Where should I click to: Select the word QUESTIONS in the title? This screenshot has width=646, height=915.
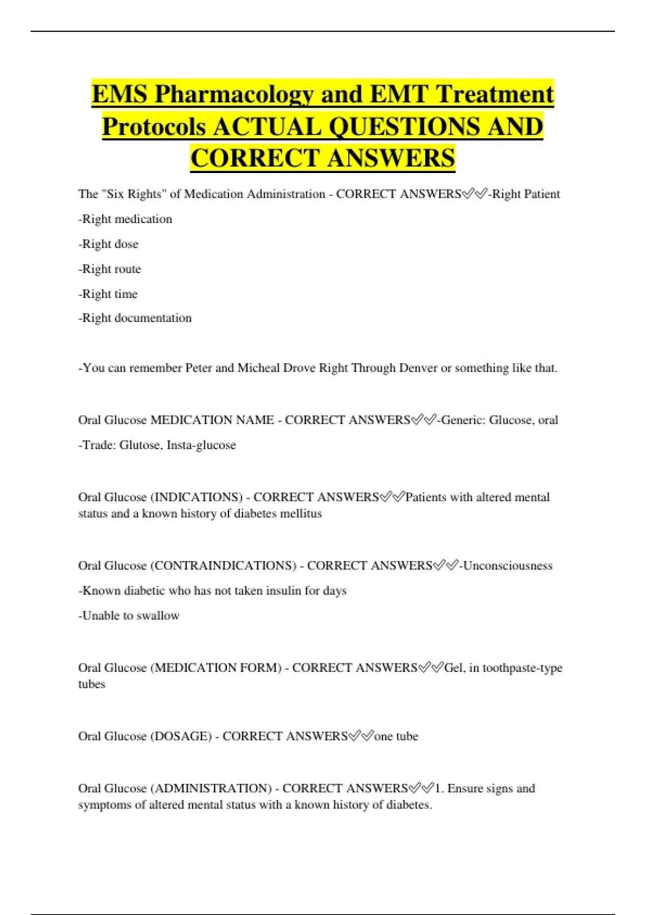coord(402,127)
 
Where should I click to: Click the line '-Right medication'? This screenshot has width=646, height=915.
coord(125,219)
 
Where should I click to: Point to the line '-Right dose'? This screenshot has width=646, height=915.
coord(108,244)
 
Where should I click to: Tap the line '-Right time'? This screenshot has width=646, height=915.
coord(108,294)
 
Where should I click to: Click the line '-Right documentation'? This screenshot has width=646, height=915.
coord(135,318)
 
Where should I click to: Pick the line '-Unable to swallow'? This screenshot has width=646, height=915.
coord(129,616)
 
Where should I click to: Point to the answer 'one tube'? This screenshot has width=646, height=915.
coord(396,736)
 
